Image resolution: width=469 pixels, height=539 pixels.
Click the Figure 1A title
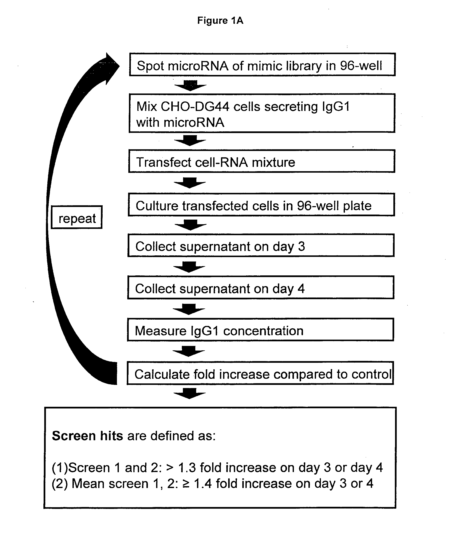[220, 20]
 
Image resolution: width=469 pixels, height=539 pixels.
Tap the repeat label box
[77, 217]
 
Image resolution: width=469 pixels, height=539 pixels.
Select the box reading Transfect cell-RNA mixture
[261, 161]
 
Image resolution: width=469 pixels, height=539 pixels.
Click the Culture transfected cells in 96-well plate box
[261, 204]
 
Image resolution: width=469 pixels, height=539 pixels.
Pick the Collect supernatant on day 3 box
[261, 245]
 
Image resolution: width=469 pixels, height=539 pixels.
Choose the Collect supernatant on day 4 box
[261, 287]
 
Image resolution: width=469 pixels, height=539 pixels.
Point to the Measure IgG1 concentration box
[260, 330]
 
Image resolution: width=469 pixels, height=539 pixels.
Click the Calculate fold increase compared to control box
[260, 373]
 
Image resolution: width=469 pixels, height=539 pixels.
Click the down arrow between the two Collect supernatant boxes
[189, 267]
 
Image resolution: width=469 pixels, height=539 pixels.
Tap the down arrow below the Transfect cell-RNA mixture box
[190, 183]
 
